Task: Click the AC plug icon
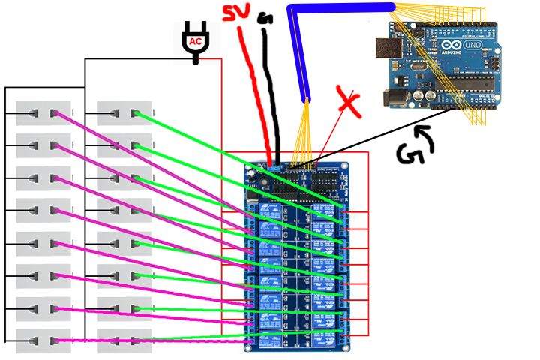[x=196, y=40]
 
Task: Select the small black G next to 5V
[x=265, y=17]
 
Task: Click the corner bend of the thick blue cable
[x=296, y=10]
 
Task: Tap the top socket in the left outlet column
[x=43, y=113]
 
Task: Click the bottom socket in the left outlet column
[x=43, y=340]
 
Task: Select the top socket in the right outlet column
[x=124, y=113]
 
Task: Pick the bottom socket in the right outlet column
[x=124, y=340]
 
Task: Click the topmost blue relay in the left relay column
[x=271, y=211]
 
